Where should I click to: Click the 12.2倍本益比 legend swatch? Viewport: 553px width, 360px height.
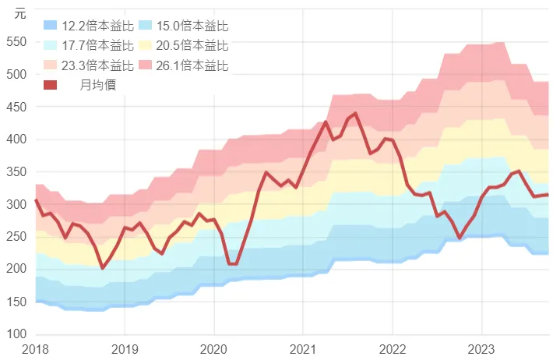[x=51, y=26]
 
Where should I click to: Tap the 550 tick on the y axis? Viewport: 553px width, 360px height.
[x=16, y=42]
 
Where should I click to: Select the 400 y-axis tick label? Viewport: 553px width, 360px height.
[x=16, y=139]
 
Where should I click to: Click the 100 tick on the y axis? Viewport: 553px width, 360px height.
[x=16, y=334]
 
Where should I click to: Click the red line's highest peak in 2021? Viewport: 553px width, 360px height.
[x=355, y=114]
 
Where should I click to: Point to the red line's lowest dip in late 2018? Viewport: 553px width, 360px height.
[x=103, y=267]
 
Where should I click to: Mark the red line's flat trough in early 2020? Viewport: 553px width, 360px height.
[x=232, y=263]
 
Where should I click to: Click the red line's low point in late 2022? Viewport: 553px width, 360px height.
[x=460, y=237]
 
